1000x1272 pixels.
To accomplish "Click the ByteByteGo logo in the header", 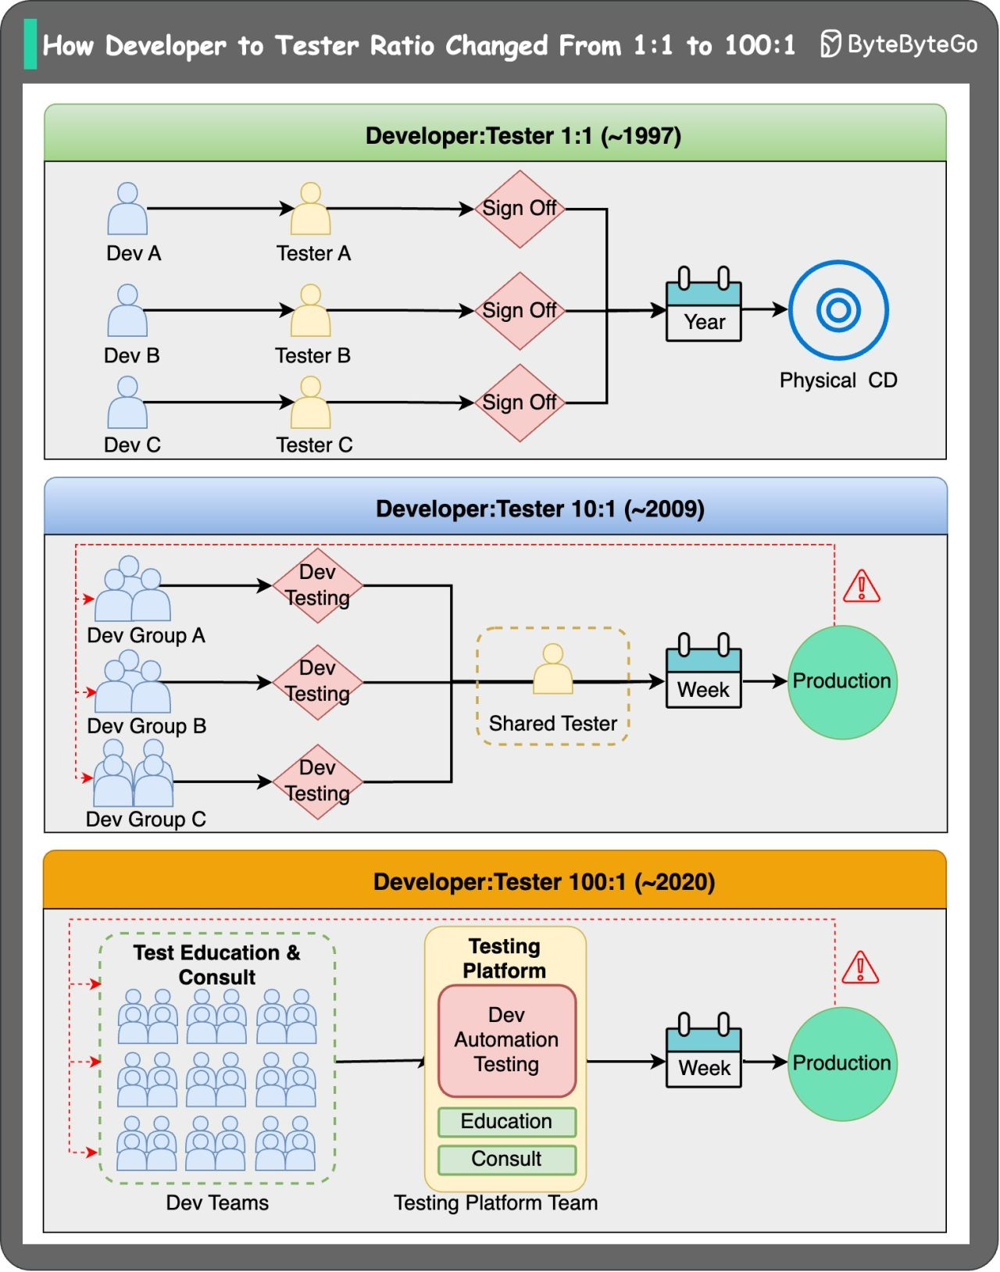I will [x=898, y=44].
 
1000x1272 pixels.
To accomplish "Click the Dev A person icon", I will [x=127, y=209].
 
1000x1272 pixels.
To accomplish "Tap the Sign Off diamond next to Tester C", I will [x=520, y=403].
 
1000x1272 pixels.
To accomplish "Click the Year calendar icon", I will [x=703, y=306].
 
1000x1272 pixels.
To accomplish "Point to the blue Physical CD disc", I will [x=838, y=310].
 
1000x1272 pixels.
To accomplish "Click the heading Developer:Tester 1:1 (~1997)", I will [x=523, y=136].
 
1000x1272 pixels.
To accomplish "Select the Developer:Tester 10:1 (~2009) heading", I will [x=540, y=509].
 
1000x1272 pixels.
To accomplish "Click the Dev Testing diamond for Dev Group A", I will [x=317, y=585].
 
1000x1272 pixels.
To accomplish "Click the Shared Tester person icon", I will [x=552, y=670].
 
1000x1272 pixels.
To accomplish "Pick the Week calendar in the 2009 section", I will [x=703, y=672].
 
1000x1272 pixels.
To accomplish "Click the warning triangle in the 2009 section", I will [x=861, y=587].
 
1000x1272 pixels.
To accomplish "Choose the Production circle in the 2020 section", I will [x=841, y=1063].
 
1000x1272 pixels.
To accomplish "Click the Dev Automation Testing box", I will [x=506, y=1040].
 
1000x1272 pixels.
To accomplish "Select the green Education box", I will [x=506, y=1121].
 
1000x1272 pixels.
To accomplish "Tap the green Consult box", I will [x=506, y=1159].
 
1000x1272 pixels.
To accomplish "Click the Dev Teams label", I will [x=217, y=1202].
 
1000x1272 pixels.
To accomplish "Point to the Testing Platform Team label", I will [x=495, y=1202].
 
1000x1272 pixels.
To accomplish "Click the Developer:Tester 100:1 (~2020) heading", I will [x=544, y=882].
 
